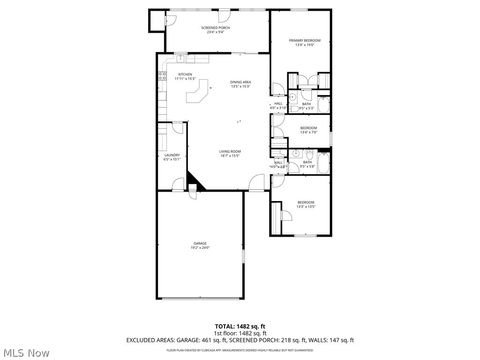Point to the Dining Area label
pyautogui.click(x=240, y=84)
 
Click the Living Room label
pyautogui.click(x=232, y=153)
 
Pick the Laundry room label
pyautogui.click(x=172, y=156)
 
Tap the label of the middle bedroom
pyautogui.click(x=309, y=129)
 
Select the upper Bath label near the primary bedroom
pyautogui.click(x=309, y=105)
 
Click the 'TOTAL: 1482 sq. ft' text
pyautogui.click(x=240, y=326)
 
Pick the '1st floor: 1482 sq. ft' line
pyautogui.click(x=240, y=333)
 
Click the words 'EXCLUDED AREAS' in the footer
pyautogui.click(x=150, y=341)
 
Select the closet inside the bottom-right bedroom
pyautogui.click(x=276, y=217)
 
